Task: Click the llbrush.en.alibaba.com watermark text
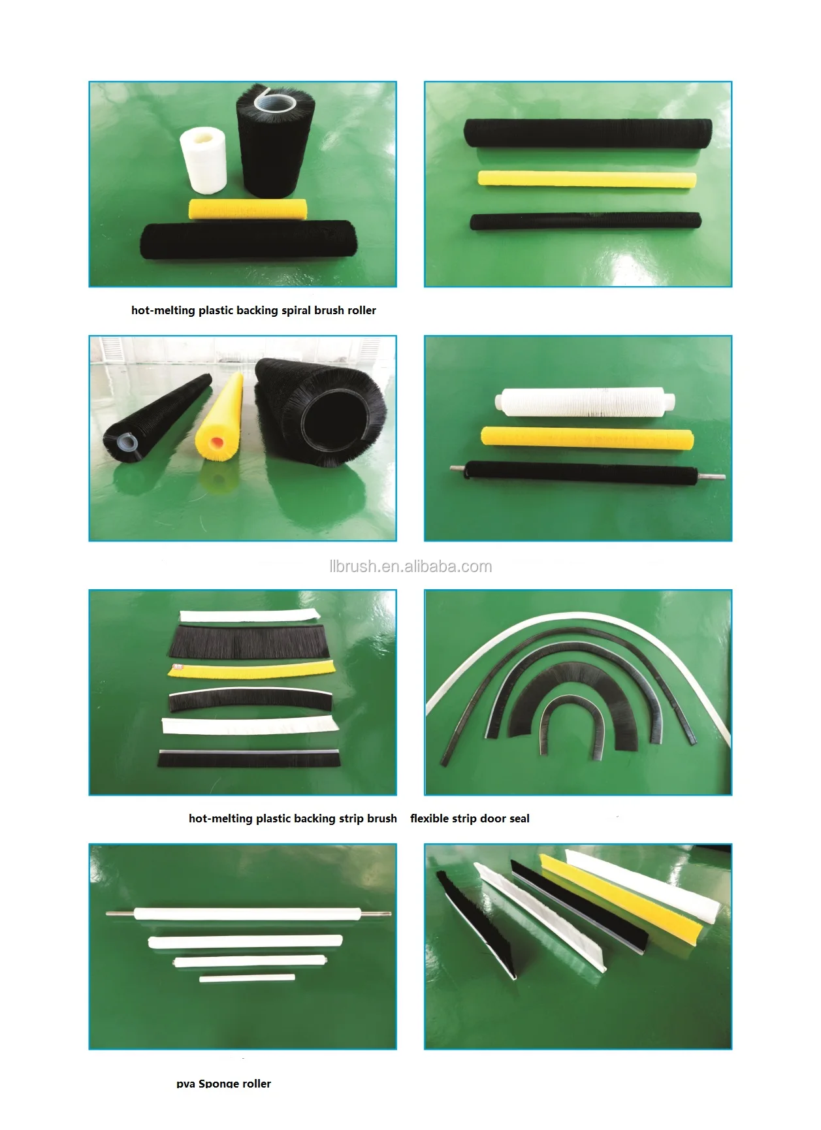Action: point(410,566)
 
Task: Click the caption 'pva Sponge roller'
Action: point(223,1083)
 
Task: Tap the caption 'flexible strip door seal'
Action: point(470,818)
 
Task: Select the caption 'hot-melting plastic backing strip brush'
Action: point(293,818)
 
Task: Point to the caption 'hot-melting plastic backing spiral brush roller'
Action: point(253,310)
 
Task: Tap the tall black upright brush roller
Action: point(274,140)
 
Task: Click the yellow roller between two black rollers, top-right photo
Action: point(587,178)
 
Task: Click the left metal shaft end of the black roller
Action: point(456,468)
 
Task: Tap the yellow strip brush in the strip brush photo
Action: point(251,668)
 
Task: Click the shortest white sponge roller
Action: point(247,978)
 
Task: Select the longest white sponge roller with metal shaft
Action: point(249,913)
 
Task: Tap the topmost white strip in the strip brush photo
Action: point(250,615)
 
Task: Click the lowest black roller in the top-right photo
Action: point(585,221)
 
